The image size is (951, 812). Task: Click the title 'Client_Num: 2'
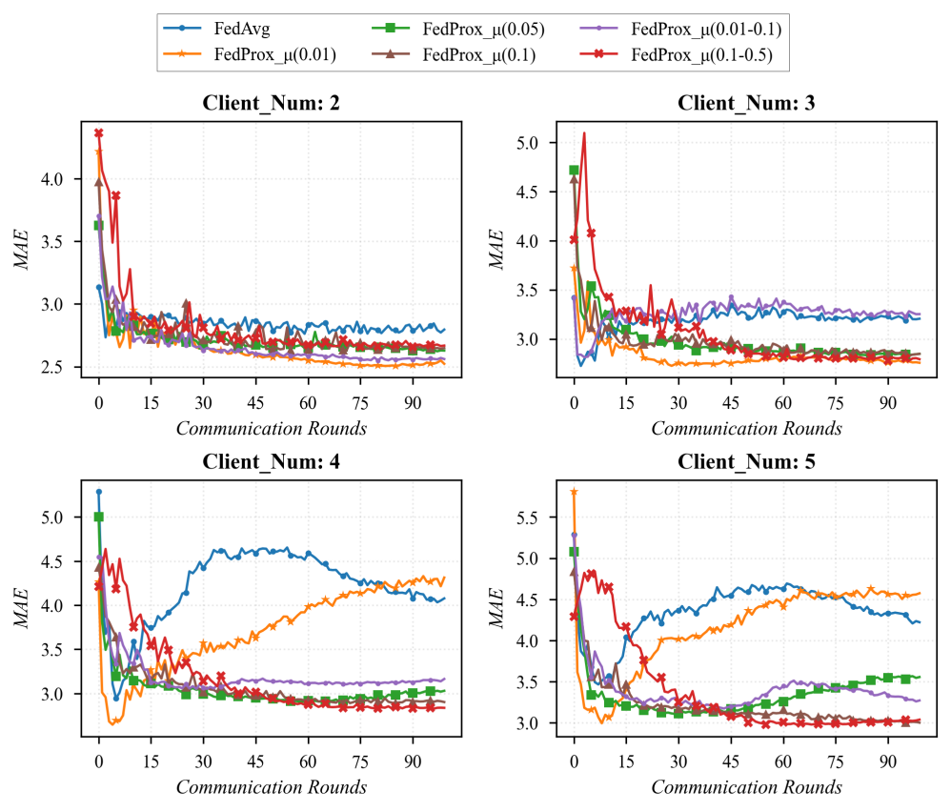[x=271, y=104]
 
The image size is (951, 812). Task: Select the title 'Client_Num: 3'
[x=746, y=104]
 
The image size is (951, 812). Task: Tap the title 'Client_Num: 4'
[x=271, y=463]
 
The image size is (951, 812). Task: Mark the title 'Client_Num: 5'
[x=746, y=463]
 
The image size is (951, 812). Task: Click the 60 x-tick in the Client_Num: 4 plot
[x=308, y=764]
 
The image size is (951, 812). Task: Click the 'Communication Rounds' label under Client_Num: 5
[x=747, y=788]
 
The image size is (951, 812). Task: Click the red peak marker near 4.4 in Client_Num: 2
[x=98, y=133]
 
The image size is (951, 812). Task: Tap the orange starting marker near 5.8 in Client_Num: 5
[x=574, y=492]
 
